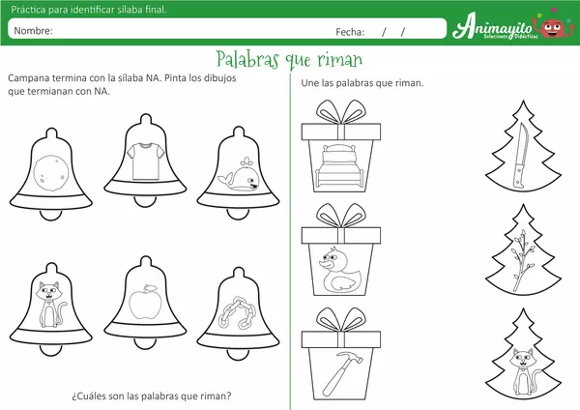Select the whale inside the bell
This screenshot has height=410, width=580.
(x=236, y=176)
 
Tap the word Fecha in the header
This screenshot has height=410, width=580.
(x=349, y=31)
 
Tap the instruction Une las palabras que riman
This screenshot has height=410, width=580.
(x=362, y=83)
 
